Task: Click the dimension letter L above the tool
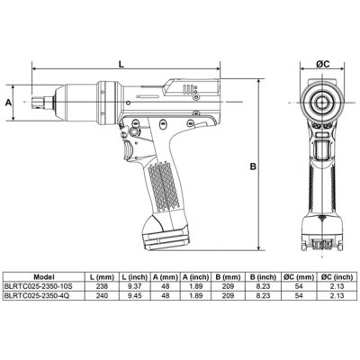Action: point(121,64)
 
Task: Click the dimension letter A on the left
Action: point(9,103)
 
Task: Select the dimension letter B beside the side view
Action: point(254,166)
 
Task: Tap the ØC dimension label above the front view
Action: point(323,64)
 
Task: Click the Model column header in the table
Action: point(44,276)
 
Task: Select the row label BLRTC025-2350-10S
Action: point(38,286)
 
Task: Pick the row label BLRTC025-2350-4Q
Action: point(37,296)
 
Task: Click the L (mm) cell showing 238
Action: point(102,286)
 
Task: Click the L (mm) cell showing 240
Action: point(102,296)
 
